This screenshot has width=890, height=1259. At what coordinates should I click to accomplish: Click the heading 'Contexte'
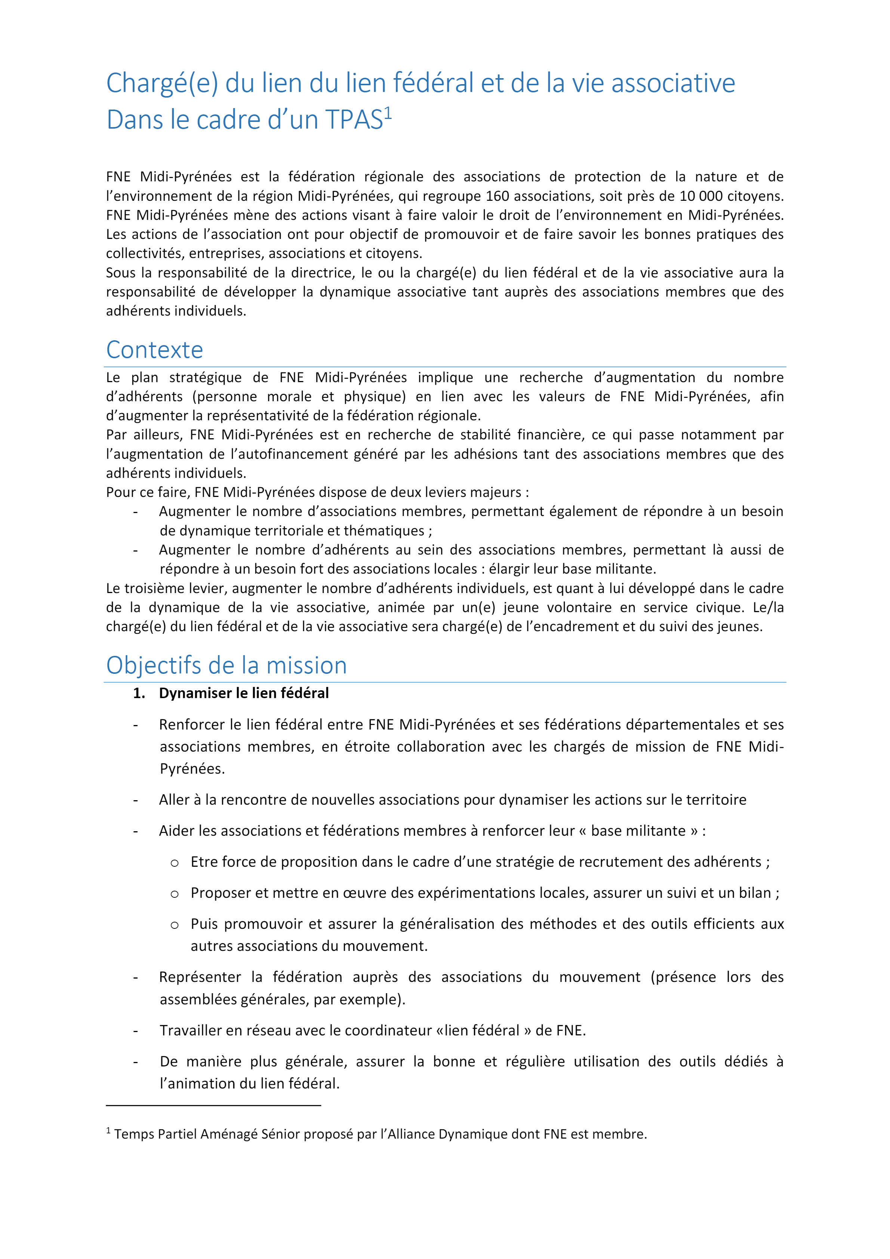coord(154,350)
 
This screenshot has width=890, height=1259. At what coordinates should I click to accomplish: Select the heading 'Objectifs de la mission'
coord(227,665)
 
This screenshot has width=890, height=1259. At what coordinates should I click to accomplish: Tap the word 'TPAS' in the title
coord(354,120)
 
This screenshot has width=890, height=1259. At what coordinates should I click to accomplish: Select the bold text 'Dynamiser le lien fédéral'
coord(244,693)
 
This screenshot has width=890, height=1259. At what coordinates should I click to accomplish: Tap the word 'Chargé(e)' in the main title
coord(162,83)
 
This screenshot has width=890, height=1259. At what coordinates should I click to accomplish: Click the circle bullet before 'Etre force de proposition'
coord(174,863)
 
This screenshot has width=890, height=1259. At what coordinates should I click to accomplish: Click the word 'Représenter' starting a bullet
coord(200,977)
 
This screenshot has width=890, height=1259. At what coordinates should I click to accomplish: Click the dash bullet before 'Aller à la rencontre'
coord(135,801)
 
